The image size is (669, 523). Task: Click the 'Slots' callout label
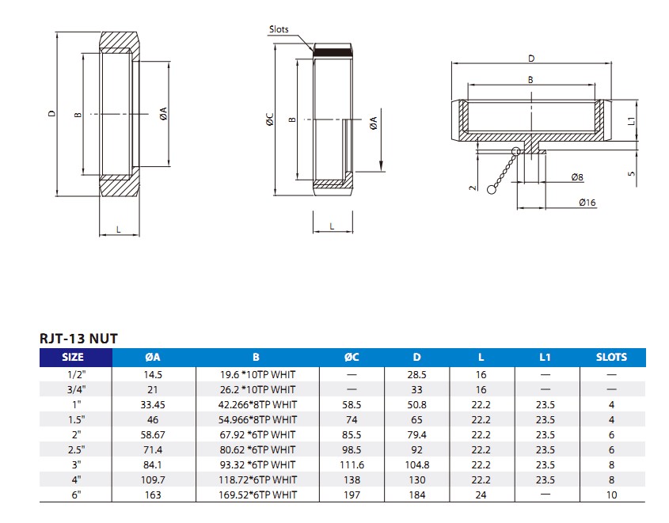(x=279, y=29)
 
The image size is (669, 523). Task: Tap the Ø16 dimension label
(x=587, y=203)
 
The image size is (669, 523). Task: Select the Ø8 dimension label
(x=579, y=177)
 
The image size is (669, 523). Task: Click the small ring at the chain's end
(x=492, y=189)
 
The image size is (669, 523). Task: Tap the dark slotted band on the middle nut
(x=331, y=52)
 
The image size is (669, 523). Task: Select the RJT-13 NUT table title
(x=78, y=339)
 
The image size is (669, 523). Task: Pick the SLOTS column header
(x=611, y=357)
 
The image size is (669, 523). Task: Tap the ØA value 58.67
(x=153, y=434)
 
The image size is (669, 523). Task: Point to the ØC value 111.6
(x=352, y=464)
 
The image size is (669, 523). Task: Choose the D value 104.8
(x=416, y=464)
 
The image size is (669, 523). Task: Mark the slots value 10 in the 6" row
(x=611, y=495)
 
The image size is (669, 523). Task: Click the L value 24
(x=481, y=495)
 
